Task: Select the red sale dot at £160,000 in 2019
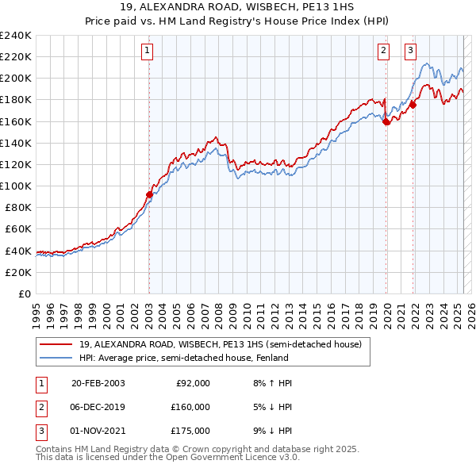coord(386,121)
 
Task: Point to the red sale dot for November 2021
coord(413,105)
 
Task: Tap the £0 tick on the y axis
coord(24,293)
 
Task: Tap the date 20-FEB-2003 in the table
coord(98,383)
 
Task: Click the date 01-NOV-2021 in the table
coord(98,431)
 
